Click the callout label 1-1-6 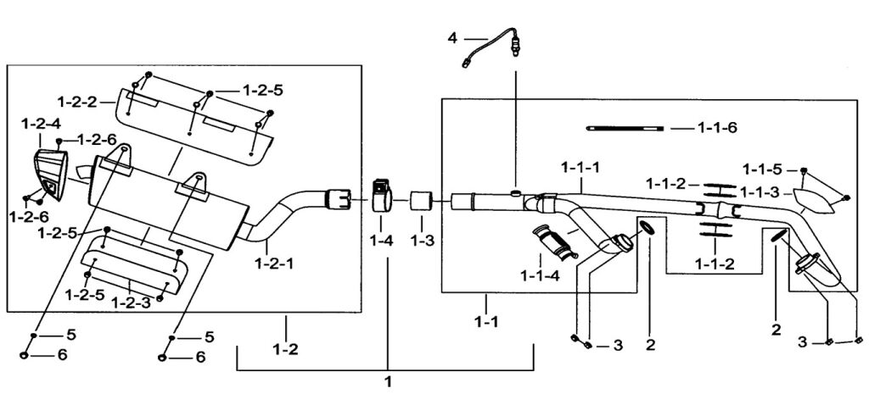[716, 128]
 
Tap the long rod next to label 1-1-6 [625, 128]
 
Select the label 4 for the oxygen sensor [452, 38]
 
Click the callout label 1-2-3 [132, 301]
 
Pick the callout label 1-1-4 [540, 275]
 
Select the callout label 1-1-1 [580, 168]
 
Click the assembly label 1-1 [485, 324]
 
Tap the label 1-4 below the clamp [381, 241]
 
